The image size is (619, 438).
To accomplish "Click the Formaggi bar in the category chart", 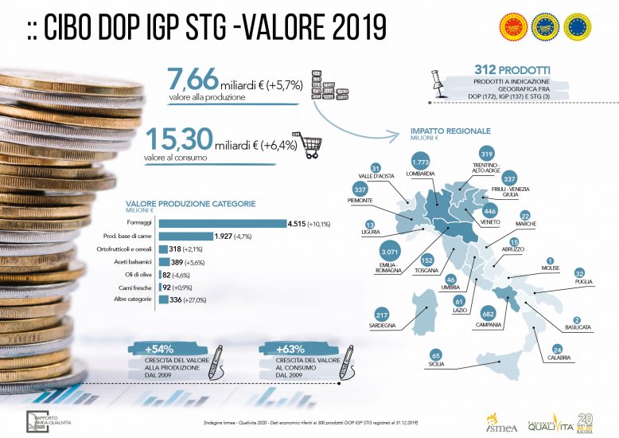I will click(x=222, y=224).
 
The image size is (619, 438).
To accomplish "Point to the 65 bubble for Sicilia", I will click(x=434, y=354).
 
